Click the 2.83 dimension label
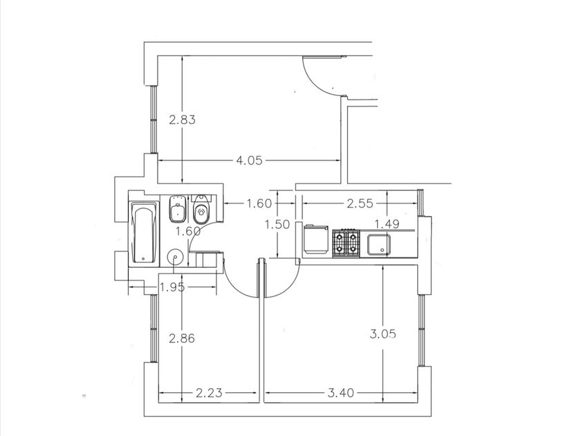[x=182, y=120]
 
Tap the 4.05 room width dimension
[x=249, y=161]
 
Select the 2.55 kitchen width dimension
[x=360, y=203]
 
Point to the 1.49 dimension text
[x=387, y=224]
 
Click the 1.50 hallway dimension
[x=277, y=224]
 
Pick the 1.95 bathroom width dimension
[x=172, y=287]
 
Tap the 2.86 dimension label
[x=181, y=338]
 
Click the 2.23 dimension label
[x=209, y=392]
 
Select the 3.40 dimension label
[x=341, y=392]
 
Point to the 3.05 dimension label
[x=382, y=334]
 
